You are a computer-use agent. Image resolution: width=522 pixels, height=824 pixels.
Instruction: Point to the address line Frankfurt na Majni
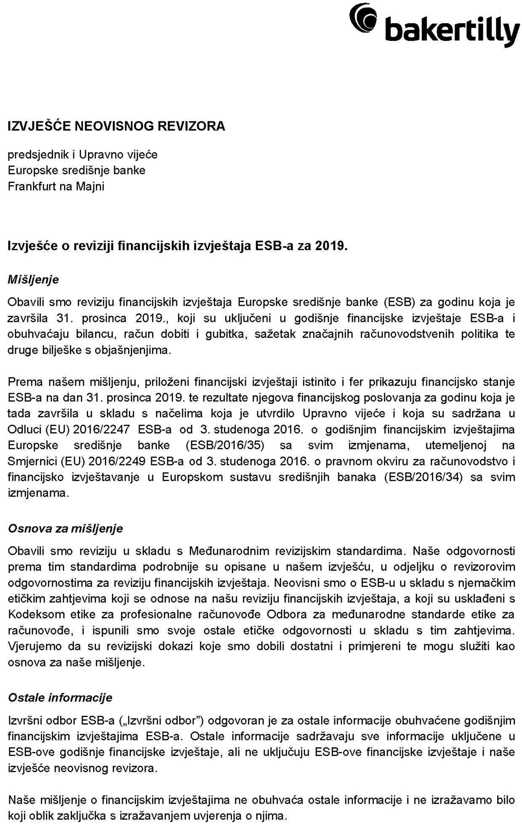click(x=56, y=186)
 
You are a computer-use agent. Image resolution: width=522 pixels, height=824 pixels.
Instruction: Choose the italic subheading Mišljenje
click(x=33, y=280)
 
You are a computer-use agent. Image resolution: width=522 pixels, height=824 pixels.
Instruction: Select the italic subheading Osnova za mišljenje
click(x=65, y=529)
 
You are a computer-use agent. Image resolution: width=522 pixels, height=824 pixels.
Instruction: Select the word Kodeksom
click(x=32, y=615)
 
